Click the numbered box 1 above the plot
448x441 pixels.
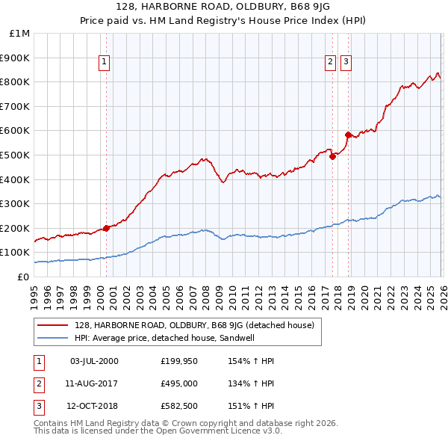104,63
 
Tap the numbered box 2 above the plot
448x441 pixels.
330,63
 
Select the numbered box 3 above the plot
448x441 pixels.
346,63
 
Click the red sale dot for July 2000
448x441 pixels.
106,228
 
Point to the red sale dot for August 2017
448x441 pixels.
332,156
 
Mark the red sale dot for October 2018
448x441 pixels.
348,135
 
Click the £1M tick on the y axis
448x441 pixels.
20,34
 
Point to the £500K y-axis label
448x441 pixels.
16,155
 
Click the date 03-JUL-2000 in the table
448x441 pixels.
94,361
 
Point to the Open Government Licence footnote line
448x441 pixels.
158,431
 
